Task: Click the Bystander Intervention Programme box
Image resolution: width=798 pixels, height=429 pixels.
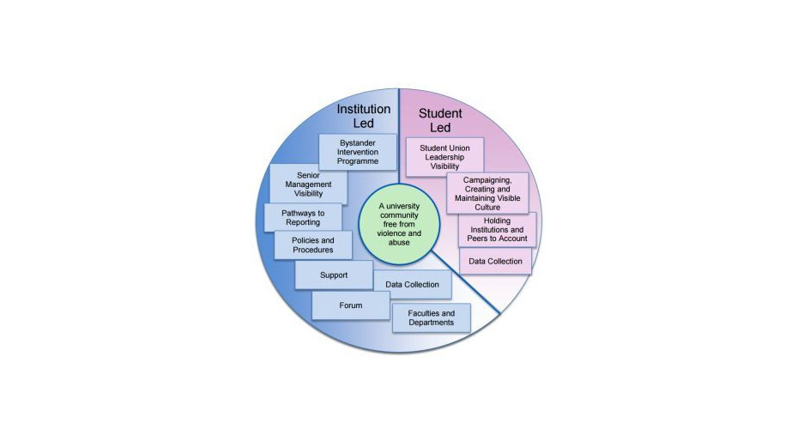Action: click(354, 151)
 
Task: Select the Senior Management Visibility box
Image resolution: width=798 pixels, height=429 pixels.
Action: click(308, 184)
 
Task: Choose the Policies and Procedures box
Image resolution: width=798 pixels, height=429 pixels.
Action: click(312, 245)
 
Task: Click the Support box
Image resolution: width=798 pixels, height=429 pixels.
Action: click(333, 275)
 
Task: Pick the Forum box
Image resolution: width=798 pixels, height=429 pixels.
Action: click(350, 305)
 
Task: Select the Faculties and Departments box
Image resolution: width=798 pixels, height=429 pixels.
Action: click(431, 317)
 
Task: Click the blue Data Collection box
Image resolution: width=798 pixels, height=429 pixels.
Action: click(412, 284)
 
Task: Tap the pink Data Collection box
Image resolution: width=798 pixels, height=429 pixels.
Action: click(495, 261)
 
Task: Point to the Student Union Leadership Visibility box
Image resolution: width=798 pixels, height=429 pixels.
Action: click(444, 157)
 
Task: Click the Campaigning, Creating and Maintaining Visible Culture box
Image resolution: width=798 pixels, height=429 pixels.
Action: click(487, 193)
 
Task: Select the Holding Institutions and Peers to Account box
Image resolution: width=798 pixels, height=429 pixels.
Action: click(497, 229)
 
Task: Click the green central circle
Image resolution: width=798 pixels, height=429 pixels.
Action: click(398, 225)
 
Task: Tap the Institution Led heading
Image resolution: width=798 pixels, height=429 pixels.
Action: click(363, 116)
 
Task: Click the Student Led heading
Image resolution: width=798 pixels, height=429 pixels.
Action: click(439, 120)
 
